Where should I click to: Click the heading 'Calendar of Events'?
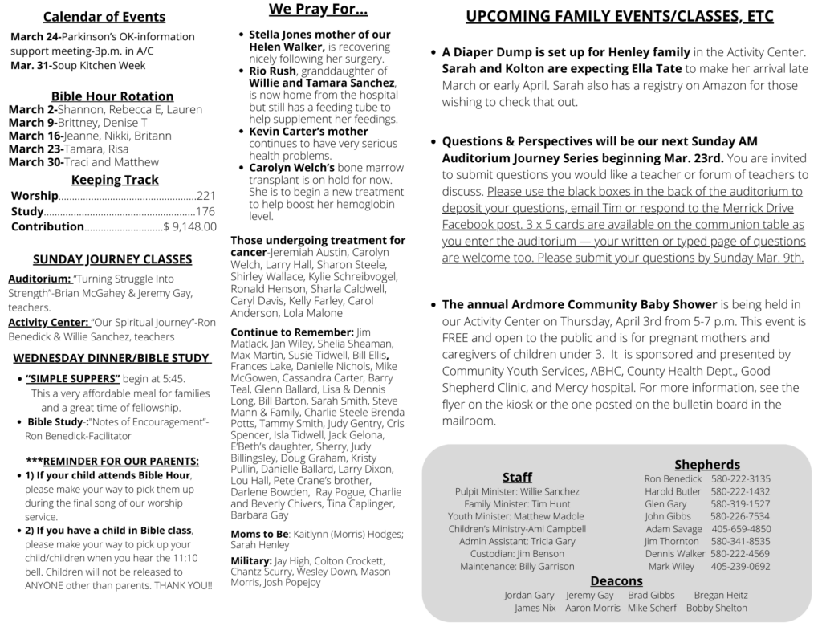pos(104,17)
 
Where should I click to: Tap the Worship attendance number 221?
pos(206,196)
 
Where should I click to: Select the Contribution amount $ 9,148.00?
pos(190,226)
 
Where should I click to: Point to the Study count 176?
pos(206,211)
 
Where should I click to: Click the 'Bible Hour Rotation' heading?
pos(112,96)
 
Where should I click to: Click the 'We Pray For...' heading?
pos(318,10)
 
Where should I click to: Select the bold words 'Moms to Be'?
pos(258,534)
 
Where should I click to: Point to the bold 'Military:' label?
pos(250,560)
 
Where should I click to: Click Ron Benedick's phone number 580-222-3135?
pos(740,479)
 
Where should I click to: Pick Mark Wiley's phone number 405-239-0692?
pos(740,566)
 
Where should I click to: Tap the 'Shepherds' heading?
pos(706,464)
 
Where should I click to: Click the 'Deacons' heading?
pos(616,580)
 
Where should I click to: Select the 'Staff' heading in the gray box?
pos(517,478)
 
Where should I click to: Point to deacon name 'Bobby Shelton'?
pos(716,609)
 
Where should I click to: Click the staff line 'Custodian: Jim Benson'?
pos(517,554)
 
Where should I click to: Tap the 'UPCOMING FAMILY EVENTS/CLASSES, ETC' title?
pos(620,17)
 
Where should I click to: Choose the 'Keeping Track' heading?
pos(115,180)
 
